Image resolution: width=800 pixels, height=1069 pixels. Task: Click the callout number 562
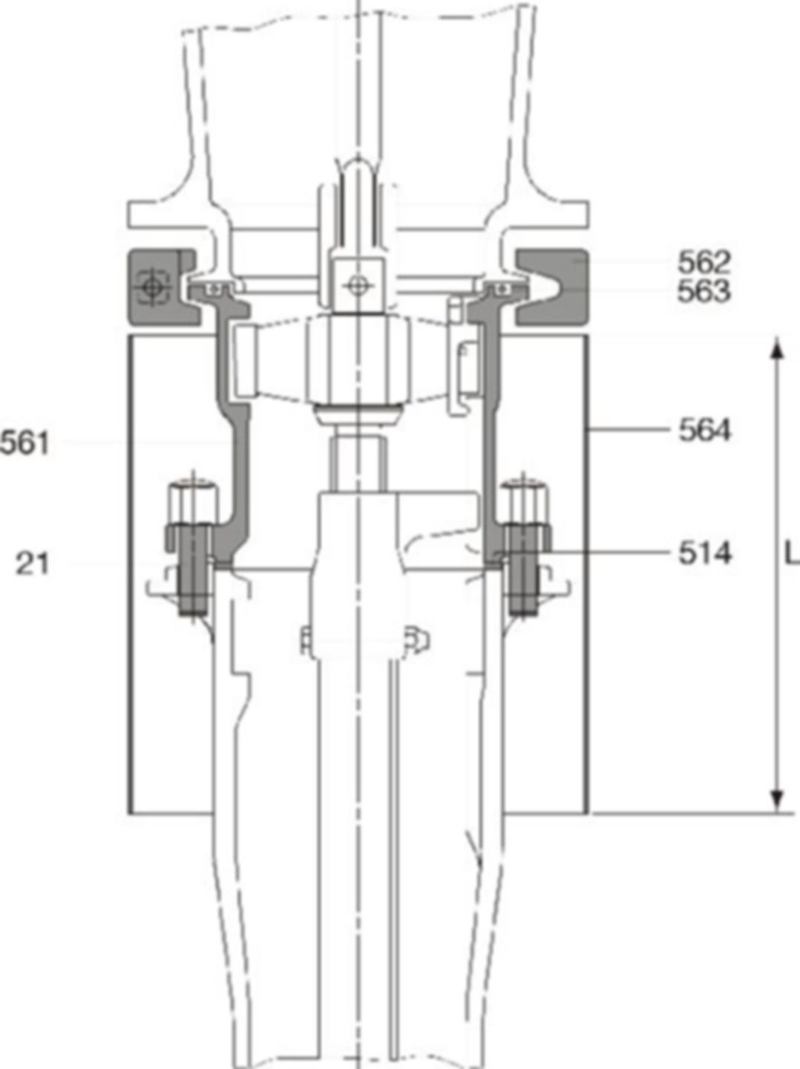pos(704,262)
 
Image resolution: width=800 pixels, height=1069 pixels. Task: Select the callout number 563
pos(704,291)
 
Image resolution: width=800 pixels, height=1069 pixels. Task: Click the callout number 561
pos(24,443)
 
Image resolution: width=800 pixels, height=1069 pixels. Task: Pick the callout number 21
pos(33,564)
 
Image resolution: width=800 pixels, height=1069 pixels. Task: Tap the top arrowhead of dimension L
pos(776,349)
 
